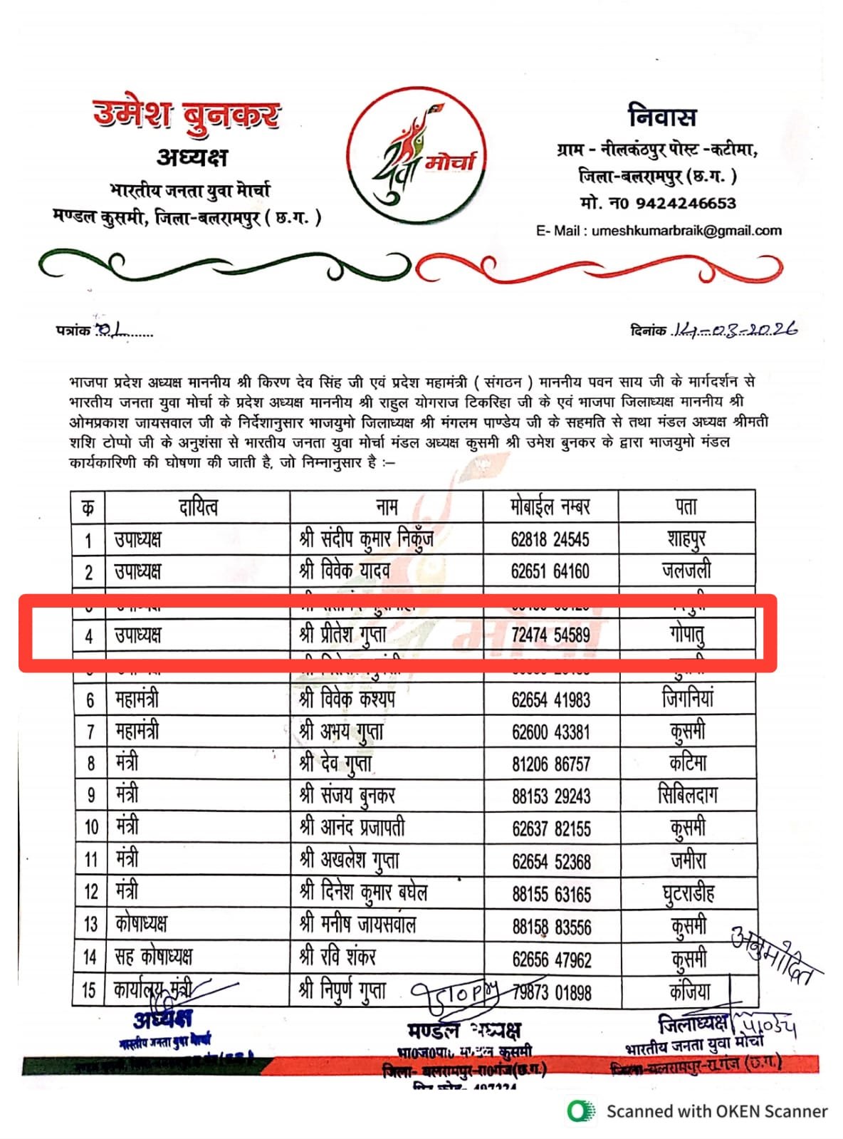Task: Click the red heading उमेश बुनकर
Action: click(x=187, y=114)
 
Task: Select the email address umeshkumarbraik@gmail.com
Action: click(x=686, y=231)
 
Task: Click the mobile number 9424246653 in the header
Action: click(x=685, y=204)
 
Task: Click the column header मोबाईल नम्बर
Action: click(x=550, y=507)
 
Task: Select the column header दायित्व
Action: click(x=198, y=507)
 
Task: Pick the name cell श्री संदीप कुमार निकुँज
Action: click(x=366, y=539)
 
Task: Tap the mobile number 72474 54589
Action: click(x=550, y=635)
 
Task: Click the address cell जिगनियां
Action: click(x=687, y=699)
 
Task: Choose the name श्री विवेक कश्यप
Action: click(x=347, y=699)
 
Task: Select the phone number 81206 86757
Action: click(x=551, y=764)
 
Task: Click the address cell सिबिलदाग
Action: click(x=688, y=796)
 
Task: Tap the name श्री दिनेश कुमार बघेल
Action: click(x=363, y=892)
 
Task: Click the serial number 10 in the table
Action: click(x=91, y=828)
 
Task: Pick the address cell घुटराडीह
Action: click(x=688, y=893)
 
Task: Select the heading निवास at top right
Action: click(x=662, y=116)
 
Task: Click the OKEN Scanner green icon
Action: click(x=581, y=1111)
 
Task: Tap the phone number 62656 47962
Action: click(x=552, y=959)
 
